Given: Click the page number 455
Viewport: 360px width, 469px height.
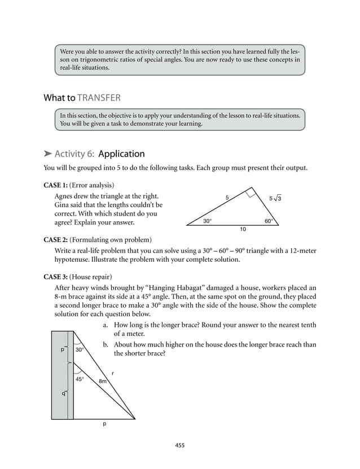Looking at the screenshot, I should coord(179,445).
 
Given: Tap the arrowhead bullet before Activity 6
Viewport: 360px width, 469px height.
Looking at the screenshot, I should coord(48,154).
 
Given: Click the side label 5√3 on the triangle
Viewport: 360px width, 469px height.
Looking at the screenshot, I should coord(275,198).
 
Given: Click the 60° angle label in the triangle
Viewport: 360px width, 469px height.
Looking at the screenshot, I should coord(269,221).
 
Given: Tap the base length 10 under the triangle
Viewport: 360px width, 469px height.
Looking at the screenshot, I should coord(243,230).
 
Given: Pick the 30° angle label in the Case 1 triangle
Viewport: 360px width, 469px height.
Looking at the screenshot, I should coord(208,221).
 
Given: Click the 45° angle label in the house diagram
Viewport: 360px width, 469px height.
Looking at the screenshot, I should coord(80,379).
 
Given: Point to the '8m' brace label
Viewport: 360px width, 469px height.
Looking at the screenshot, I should coord(103,382).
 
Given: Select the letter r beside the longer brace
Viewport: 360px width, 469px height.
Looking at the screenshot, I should coord(112,372).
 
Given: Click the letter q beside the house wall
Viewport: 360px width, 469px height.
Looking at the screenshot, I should coord(63,393).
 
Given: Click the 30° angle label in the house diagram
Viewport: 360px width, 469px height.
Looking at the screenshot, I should coord(80,349).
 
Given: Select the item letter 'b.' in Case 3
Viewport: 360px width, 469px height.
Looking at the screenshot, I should coord(106,345).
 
